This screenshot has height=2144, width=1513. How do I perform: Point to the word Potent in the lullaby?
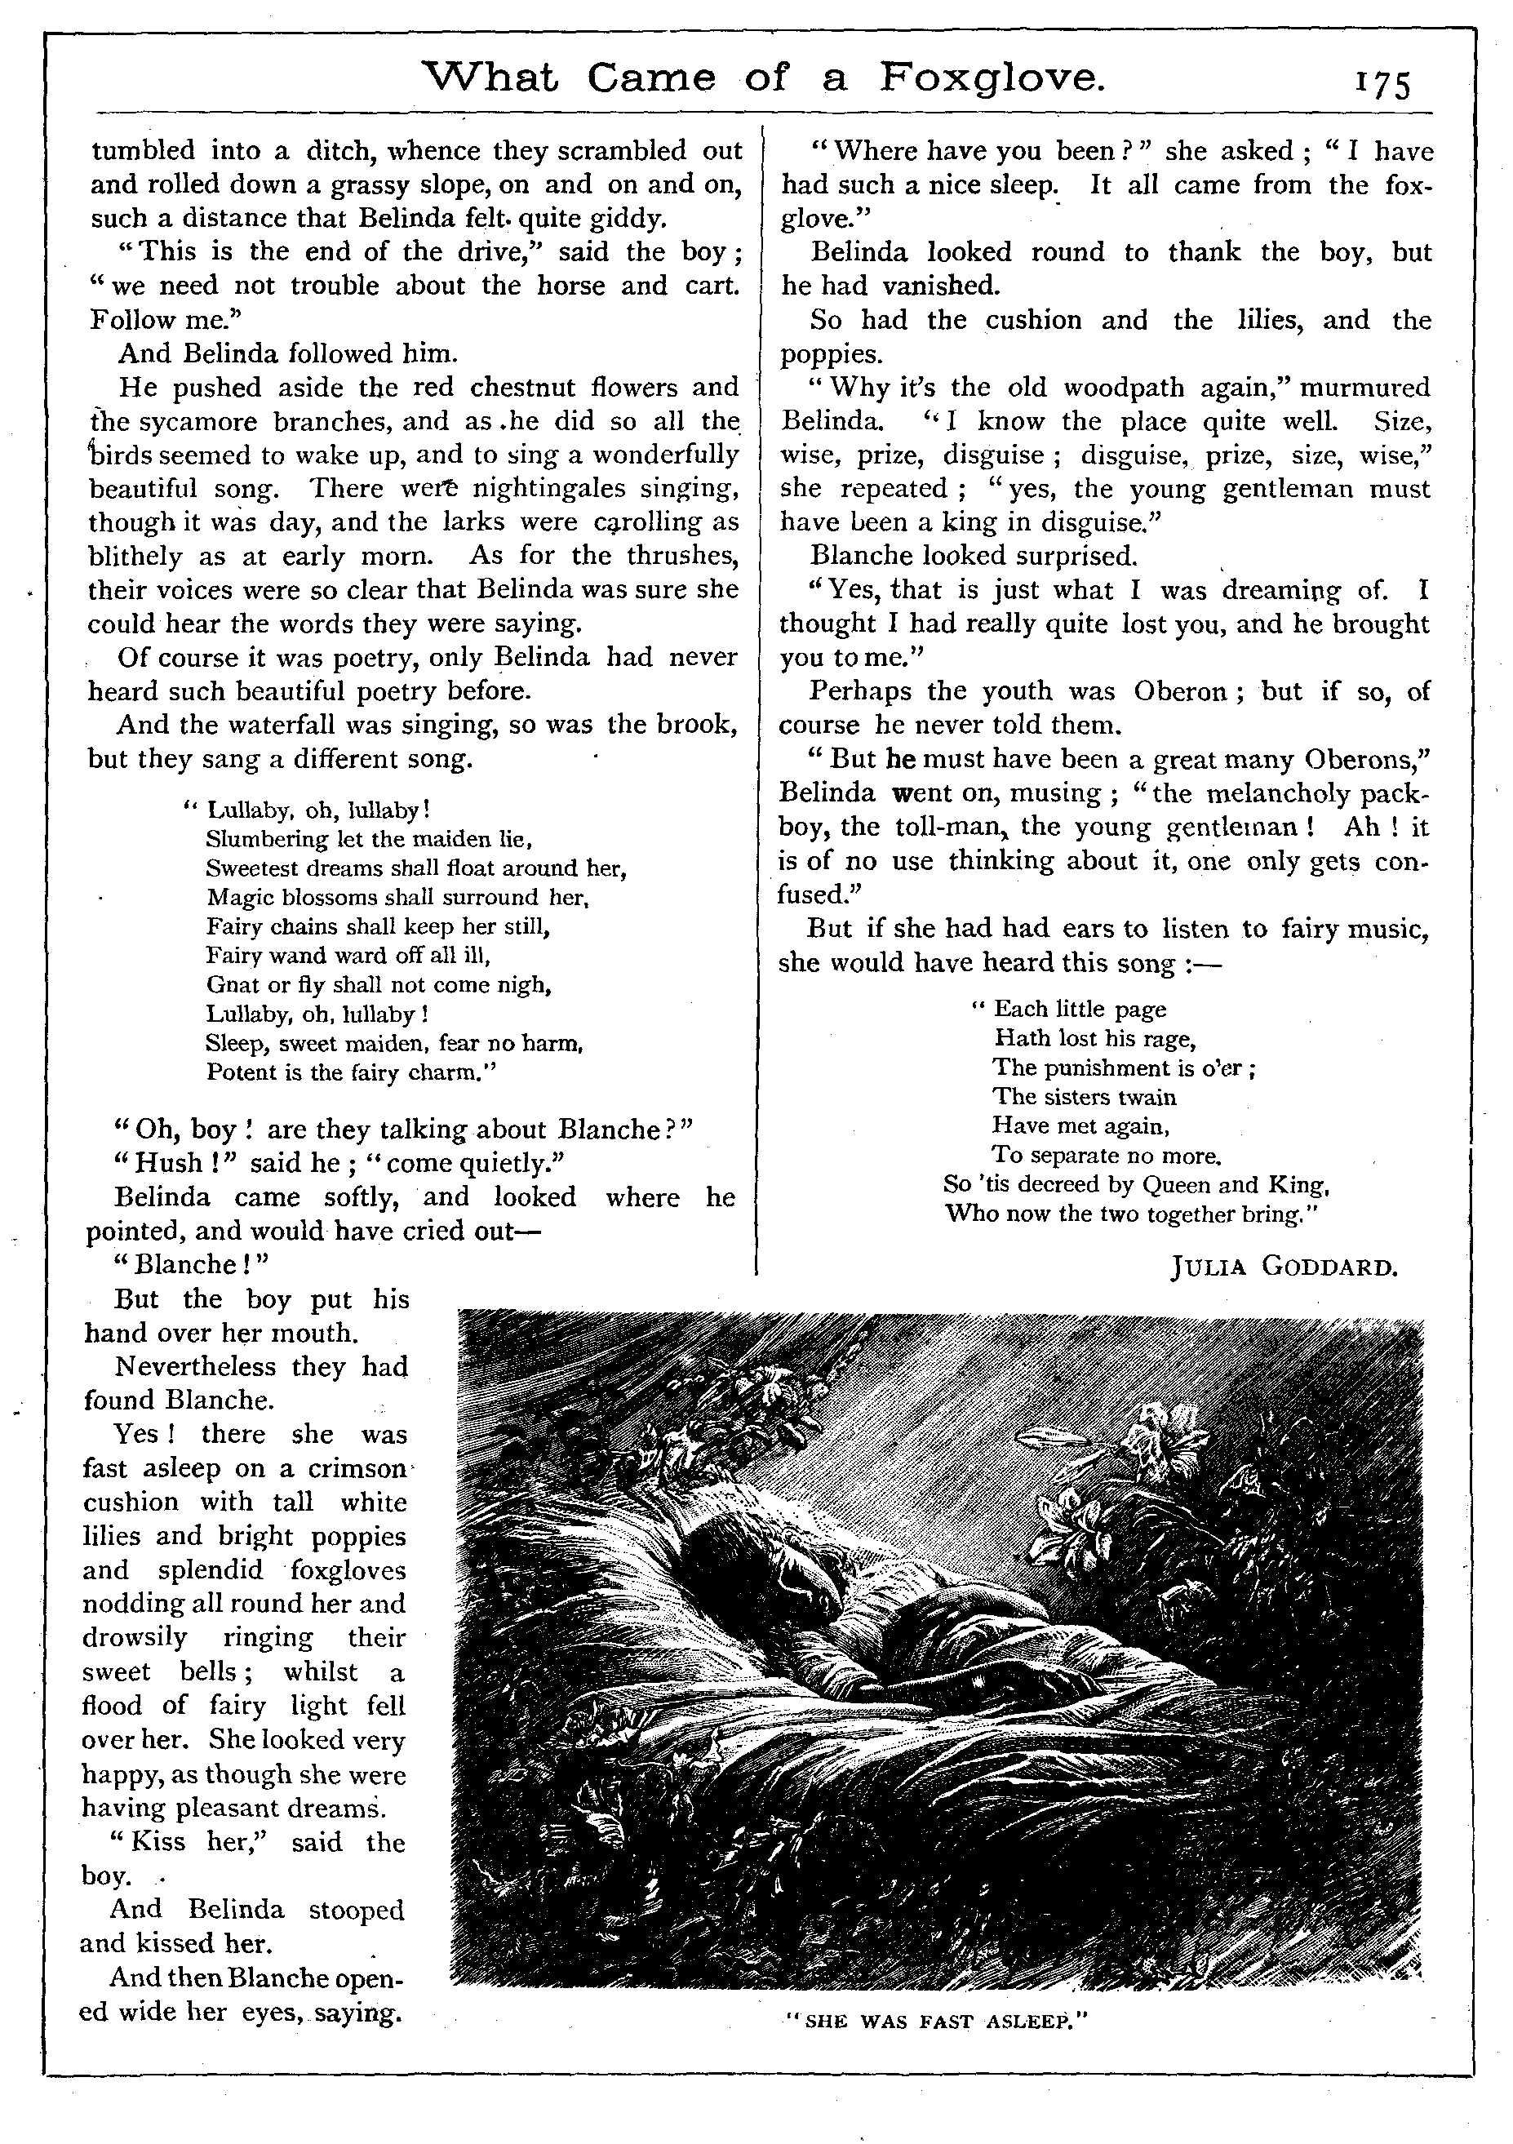(239, 1073)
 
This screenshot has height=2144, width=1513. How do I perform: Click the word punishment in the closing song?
(1100, 1068)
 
